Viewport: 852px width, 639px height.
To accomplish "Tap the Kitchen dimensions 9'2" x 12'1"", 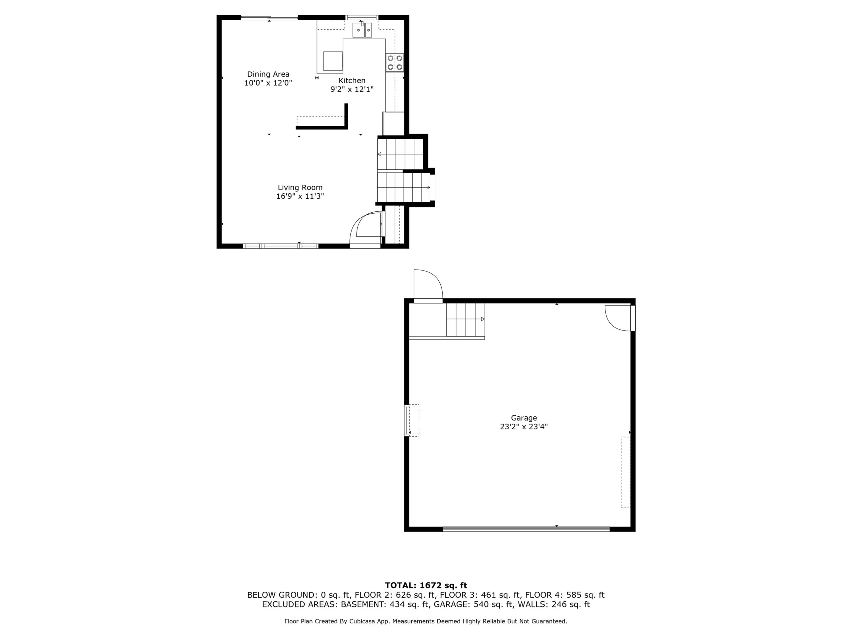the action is pyautogui.click(x=352, y=89).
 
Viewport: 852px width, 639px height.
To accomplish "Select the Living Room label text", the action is pyautogui.click(x=300, y=188).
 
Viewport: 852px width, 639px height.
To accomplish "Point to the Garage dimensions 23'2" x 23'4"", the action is pyautogui.click(x=524, y=427).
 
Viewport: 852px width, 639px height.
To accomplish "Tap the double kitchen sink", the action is pyautogui.click(x=362, y=30).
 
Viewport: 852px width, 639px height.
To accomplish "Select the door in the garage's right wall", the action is pyautogui.click(x=620, y=318).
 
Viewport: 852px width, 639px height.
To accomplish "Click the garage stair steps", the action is pyautogui.click(x=466, y=319).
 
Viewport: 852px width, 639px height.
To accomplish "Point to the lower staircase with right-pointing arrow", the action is pyautogui.click(x=404, y=187).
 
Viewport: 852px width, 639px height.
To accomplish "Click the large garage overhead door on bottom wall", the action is pyautogui.click(x=526, y=529).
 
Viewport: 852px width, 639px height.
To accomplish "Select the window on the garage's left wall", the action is pyautogui.click(x=407, y=420).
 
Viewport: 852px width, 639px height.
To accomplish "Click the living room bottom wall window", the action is pyautogui.click(x=281, y=246).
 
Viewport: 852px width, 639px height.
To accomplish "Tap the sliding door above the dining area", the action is pyautogui.click(x=269, y=17).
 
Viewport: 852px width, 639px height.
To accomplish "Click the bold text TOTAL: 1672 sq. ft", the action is pyautogui.click(x=426, y=586).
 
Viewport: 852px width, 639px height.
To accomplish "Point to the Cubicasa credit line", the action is pyautogui.click(x=426, y=621).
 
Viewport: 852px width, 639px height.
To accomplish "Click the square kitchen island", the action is pyautogui.click(x=333, y=61).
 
